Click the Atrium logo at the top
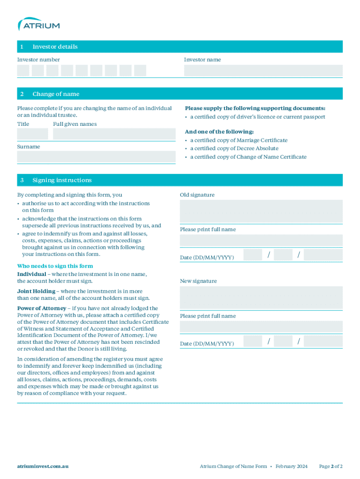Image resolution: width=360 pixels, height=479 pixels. point(38,24)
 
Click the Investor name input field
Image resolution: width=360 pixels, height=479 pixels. point(263,71)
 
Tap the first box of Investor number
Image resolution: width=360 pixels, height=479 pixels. point(23,71)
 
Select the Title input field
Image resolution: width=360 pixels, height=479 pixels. point(32,134)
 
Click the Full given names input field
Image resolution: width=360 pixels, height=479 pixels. point(114,134)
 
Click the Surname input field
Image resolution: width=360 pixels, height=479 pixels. point(96,157)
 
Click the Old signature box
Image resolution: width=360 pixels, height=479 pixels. point(261,211)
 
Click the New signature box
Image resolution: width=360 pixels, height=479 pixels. point(261,298)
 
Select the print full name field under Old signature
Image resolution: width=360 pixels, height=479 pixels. point(261,240)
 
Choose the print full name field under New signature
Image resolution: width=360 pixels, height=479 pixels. point(261,327)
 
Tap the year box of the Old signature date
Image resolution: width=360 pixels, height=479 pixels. point(323,255)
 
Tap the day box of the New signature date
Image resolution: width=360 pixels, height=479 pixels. point(252,341)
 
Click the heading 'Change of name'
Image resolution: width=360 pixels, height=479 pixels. point(56,94)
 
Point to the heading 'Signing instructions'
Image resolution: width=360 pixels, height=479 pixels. point(62,180)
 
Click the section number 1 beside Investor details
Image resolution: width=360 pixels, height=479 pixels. point(22,47)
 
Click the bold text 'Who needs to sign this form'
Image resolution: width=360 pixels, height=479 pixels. point(55,266)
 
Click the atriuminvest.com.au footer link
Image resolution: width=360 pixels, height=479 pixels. point(43,466)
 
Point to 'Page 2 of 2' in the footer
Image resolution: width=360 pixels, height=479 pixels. point(331,466)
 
